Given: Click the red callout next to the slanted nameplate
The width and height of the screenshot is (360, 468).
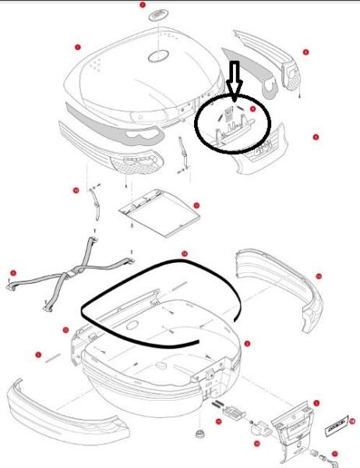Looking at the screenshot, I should tap(351, 420).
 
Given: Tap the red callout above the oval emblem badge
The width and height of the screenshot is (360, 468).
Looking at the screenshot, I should tap(143, 5).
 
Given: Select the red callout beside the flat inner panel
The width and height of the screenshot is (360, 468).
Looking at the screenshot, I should tap(196, 206).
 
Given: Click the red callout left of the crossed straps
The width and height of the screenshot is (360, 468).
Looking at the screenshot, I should tap(10, 272).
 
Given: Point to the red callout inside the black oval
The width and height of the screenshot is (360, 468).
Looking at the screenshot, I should tap(253, 110).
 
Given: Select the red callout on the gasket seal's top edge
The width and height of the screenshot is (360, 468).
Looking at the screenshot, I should tap(184, 254).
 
